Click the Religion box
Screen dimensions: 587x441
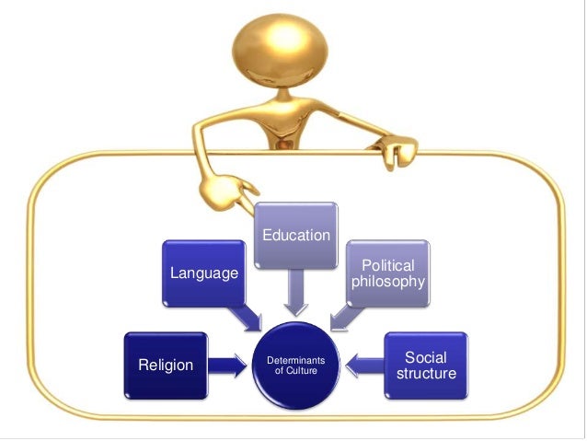tap(166, 366)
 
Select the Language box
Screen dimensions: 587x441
tap(203, 274)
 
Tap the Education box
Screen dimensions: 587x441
tap(295, 236)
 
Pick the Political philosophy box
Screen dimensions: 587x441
tap(387, 273)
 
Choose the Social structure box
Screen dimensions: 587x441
tap(425, 365)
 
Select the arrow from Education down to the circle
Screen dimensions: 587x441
tap(295, 292)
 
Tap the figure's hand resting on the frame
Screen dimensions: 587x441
tap(398, 150)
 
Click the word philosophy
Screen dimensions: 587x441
tap(387, 282)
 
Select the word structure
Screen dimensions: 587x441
tap(425, 374)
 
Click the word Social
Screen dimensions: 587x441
tap(425, 356)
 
